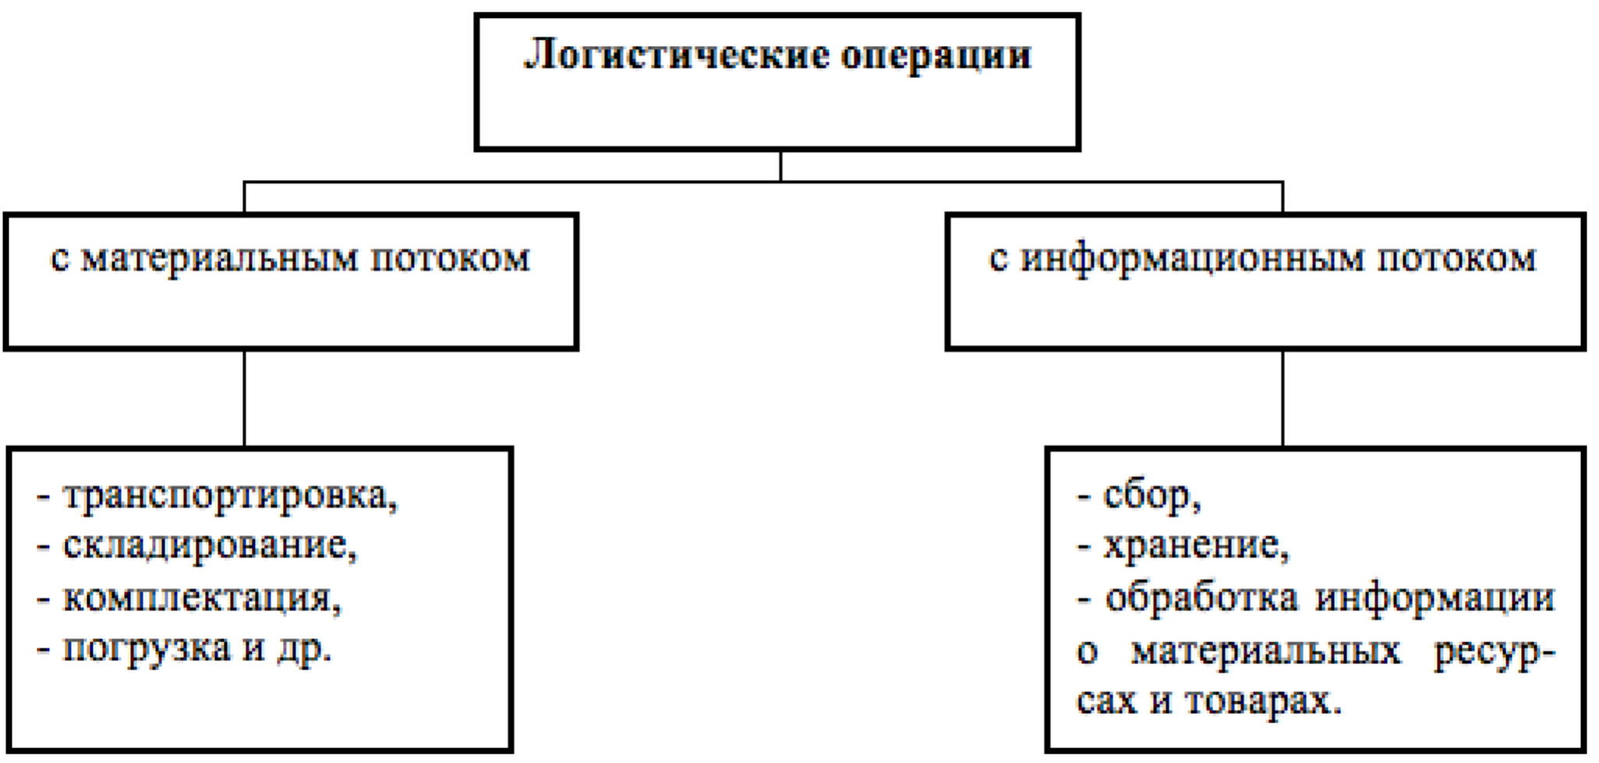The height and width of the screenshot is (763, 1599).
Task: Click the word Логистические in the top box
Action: pyautogui.click(x=675, y=56)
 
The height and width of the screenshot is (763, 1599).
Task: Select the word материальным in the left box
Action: pyautogui.click(x=219, y=259)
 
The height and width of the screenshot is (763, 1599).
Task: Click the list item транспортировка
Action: pyautogui.click(x=230, y=497)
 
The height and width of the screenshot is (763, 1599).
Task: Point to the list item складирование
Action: pyautogui.click(x=210, y=547)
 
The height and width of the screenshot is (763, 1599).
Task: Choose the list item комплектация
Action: pyautogui.click(x=202, y=598)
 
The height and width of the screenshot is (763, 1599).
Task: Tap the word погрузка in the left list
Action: pyautogui.click(x=146, y=649)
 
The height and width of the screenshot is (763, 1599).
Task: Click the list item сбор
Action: pyautogui.click(x=1152, y=497)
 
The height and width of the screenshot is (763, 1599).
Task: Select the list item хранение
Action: pyautogui.click(x=1196, y=547)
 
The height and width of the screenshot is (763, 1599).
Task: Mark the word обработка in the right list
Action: pyautogui.click(x=1202, y=598)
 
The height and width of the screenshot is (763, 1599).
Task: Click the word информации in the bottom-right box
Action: pyautogui.click(x=1435, y=598)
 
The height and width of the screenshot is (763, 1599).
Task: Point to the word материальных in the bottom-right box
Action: pyautogui.click(x=1265, y=650)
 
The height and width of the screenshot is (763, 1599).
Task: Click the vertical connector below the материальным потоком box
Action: pyautogui.click(x=245, y=398)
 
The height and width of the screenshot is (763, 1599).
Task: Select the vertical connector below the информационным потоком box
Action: pyautogui.click(x=1283, y=398)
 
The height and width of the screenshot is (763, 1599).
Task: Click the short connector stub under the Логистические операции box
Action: pyautogui.click(x=781, y=166)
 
